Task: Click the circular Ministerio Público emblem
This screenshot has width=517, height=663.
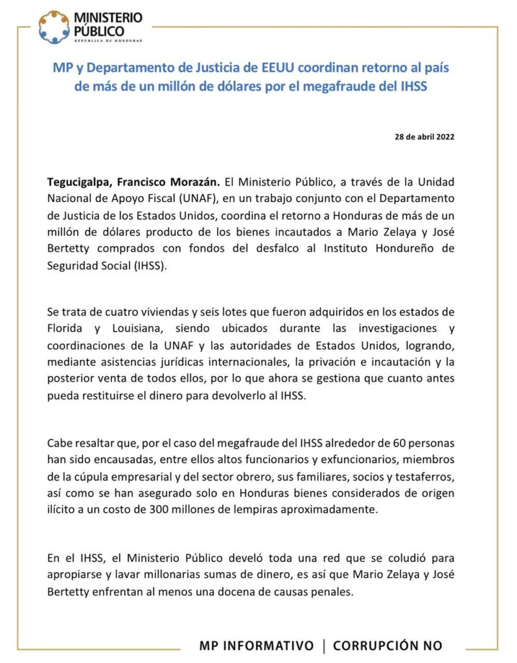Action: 53,27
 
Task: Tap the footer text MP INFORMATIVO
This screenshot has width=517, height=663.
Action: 257,646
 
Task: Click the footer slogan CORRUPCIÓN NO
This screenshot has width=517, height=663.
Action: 387,646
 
